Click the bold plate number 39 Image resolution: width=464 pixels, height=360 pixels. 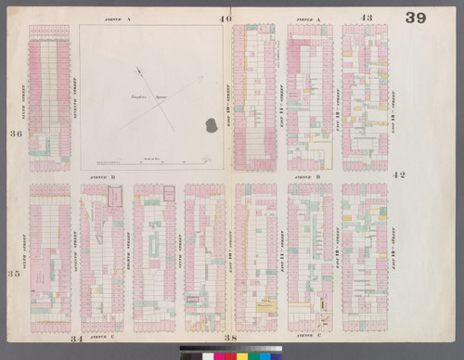point(415,19)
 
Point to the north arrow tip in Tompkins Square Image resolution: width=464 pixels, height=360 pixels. point(136,68)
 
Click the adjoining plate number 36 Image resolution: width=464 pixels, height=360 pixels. point(15,134)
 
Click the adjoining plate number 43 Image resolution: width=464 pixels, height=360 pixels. point(367,18)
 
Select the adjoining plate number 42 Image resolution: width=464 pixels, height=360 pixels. point(400,174)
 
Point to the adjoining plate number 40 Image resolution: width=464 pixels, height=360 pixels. point(226,18)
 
